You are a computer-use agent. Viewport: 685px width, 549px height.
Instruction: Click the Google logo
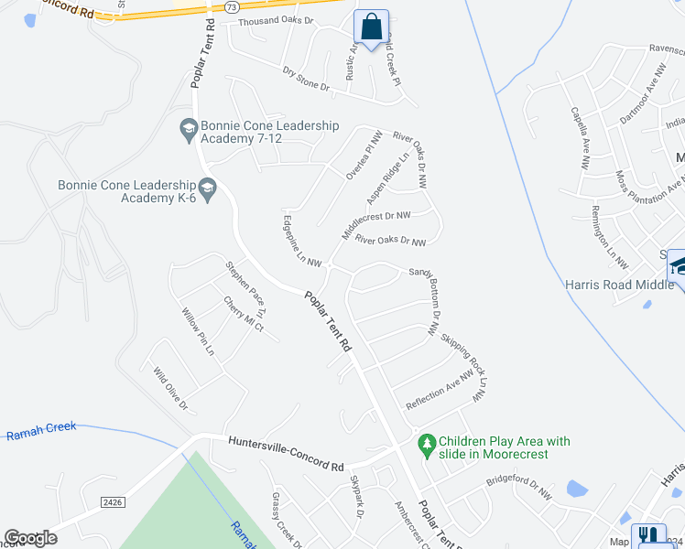pyautogui.click(x=30, y=538)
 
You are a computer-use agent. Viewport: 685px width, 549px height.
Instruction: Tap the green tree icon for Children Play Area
pyautogui.click(x=425, y=446)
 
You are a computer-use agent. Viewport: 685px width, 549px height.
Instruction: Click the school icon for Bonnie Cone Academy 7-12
pyautogui.click(x=189, y=127)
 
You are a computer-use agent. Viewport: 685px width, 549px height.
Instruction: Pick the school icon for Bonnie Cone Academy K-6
pyautogui.click(x=207, y=188)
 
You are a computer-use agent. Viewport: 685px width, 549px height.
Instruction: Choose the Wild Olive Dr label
pyautogui.click(x=170, y=389)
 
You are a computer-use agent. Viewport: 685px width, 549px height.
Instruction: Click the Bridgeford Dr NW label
pyautogui.click(x=518, y=486)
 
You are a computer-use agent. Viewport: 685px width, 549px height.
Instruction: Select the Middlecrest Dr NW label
pyautogui.click(x=375, y=223)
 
